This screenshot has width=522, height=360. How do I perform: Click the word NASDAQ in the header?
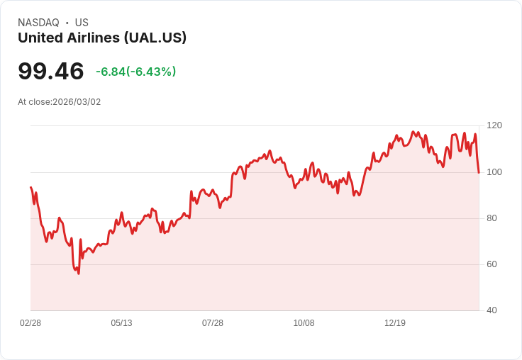38,23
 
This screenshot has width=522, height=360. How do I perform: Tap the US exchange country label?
82,23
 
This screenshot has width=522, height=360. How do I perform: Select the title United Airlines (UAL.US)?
102,38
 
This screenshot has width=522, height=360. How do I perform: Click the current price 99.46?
51,71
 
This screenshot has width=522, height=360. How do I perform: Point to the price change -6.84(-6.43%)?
135,72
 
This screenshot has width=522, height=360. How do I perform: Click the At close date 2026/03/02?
60,102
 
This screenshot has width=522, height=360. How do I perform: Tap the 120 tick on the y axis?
494,125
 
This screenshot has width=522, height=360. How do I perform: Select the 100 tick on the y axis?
494,172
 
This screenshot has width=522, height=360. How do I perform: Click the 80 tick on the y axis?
492,218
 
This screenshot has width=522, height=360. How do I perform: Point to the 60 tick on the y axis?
492,264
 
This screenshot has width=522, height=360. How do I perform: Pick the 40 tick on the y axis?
492,310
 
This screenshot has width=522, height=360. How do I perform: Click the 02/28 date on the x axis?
30,323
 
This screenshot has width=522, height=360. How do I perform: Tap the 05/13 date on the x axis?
121,323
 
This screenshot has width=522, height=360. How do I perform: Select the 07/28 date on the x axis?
213,323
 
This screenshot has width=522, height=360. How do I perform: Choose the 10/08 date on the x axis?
304,323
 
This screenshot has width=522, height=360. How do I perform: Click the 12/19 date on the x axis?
395,323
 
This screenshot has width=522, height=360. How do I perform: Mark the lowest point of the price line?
79,274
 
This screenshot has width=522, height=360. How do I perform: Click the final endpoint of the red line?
479,172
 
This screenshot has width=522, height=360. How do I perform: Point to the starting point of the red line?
30,187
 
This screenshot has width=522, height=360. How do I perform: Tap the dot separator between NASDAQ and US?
67,23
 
